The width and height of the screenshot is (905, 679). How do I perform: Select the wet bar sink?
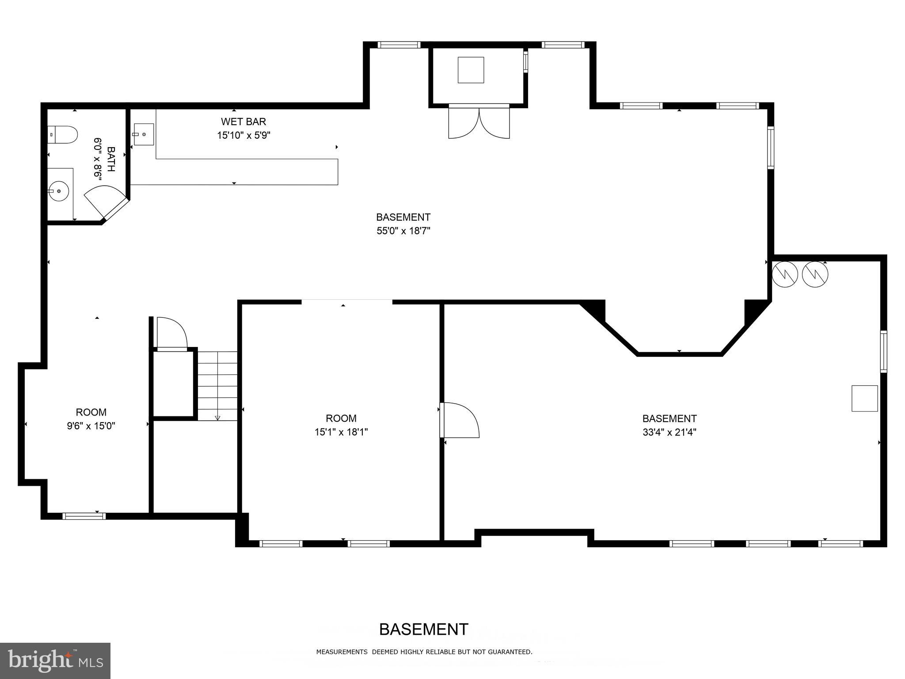[144, 134]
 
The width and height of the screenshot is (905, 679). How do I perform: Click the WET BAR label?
[243, 122]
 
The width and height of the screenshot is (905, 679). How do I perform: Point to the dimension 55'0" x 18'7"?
[403, 231]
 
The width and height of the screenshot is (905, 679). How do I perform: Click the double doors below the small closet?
[479, 122]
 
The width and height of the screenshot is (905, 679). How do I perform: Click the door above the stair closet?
[172, 333]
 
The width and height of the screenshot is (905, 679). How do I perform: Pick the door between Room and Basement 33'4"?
[460, 420]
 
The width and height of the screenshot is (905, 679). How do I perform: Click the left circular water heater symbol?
[784, 275]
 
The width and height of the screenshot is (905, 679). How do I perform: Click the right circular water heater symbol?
[815, 275]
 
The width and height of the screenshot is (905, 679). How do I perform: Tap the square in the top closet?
[471, 70]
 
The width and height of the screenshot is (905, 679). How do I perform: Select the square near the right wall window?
[864, 398]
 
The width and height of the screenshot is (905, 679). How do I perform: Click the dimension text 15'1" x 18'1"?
[341, 432]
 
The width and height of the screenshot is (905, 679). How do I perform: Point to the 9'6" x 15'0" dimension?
[91, 426]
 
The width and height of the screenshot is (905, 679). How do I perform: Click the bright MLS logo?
[55, 660]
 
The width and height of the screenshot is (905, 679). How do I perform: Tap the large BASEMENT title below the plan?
[424, 629]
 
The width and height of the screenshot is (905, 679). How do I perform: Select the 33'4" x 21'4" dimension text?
[669, 432]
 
